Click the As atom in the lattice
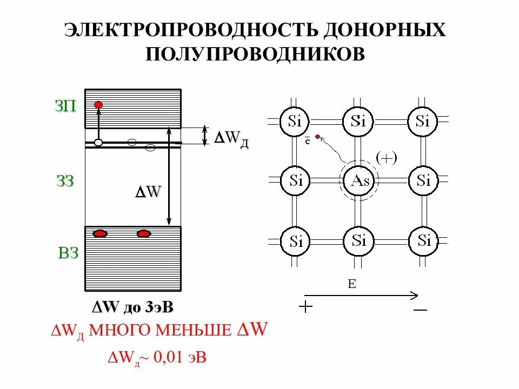click(360, 180)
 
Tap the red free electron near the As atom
click(317, 137)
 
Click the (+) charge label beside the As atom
click(387, 158)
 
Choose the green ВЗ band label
click(69, 253)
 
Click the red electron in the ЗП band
click(98, 105)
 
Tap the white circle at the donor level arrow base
click(98, 143)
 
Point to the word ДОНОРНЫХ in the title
click(385, 30)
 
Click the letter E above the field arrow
click(352, 284)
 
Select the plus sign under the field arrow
click(306, 307)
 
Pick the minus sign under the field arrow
click(420, 310)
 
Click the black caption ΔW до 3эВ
click(133, 307)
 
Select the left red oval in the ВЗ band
click(100, 234)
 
